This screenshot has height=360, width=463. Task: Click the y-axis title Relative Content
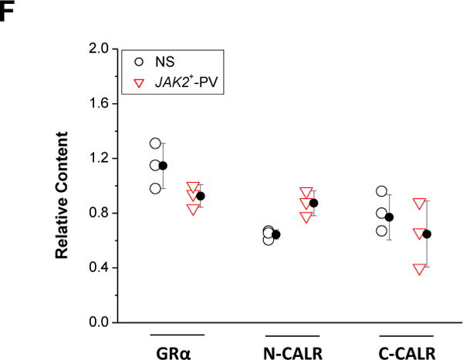pos(67,185)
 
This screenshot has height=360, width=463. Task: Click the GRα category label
pos(176,348)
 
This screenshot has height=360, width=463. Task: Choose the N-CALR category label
pos(291,348)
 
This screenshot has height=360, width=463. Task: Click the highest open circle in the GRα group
pos(156,143)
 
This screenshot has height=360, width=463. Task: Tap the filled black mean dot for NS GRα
pos(163,166)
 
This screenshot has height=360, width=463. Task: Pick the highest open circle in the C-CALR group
pos(381,191)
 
